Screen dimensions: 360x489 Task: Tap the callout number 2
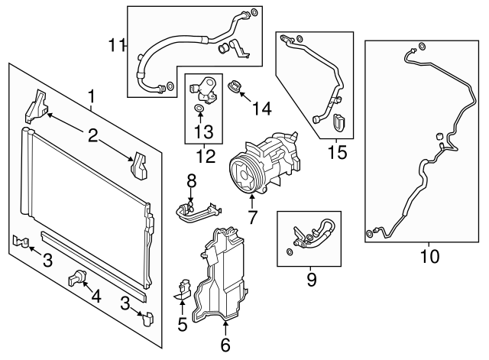tap(93, 136)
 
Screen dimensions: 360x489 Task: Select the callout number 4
tap(96, 295)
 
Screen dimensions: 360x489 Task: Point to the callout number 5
tap(183, 324)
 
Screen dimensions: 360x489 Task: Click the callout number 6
tap(225, 345)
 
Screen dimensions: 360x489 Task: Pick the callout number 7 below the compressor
tap(252, 218)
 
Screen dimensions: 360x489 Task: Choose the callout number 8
tap(192, 180)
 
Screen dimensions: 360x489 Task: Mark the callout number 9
tap(312, 280)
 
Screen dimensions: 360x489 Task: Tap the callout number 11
tap(116, 46)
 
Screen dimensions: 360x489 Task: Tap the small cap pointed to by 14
tap(236, 87)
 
